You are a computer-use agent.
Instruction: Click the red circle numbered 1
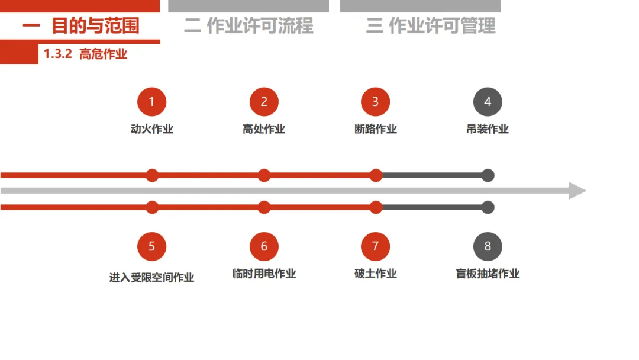point(151,102)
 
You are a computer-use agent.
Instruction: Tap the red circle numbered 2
point(264,102)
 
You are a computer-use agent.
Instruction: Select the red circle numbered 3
point(375,102)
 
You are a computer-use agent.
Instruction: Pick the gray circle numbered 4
point(488,102)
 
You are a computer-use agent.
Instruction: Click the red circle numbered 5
point(151,246)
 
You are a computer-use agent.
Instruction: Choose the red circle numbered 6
point(264,246)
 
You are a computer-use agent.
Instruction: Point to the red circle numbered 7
point(375,246)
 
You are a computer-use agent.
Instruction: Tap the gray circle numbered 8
point(488,246)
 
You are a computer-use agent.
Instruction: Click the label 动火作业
point(151,129)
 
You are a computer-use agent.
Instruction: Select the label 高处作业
point(264,129)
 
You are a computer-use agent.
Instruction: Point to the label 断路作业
point(375,129)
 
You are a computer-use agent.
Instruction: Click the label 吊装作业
point(488,129)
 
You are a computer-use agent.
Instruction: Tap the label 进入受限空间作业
point(151,277)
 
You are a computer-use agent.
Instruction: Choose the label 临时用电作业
point(264,274)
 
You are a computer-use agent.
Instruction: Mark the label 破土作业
point(375,274)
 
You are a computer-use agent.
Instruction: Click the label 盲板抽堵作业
point(488,274)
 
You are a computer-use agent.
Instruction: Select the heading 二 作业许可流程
point(248,26)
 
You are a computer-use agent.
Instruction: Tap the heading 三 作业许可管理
point(431,26)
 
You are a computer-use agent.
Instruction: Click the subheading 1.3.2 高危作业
point(86,54)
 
